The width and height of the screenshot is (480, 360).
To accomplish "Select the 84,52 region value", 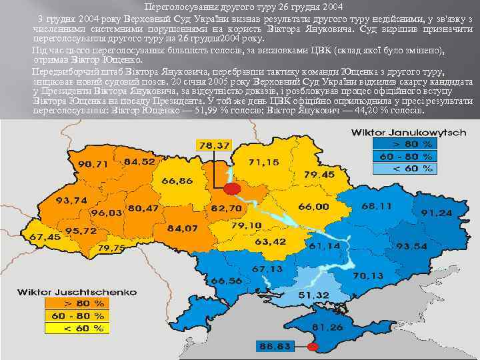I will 139,161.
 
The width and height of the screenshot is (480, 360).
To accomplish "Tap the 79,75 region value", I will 111,248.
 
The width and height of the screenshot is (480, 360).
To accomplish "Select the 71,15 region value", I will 264,162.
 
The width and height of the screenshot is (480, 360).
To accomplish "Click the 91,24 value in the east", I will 436,212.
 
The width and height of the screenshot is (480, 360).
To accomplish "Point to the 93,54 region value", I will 411,246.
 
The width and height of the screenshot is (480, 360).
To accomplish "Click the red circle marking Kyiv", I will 231,189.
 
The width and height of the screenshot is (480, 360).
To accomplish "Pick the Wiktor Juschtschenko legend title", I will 76,291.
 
